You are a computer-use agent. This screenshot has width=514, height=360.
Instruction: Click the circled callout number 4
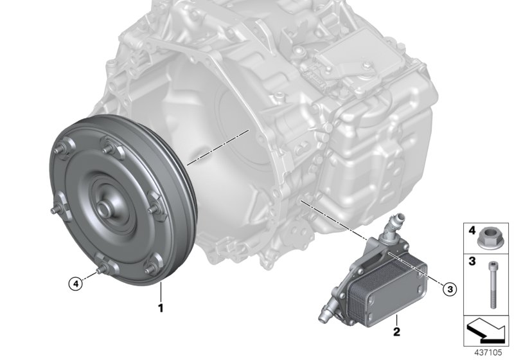point(75,281)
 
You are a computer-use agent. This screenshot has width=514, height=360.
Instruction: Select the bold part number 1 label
point(161,309)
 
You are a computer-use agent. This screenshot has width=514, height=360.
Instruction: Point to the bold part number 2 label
point(396,332)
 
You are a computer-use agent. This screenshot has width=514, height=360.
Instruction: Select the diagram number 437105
point(490,353)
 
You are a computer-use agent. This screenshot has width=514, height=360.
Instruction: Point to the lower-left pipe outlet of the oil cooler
point(323,315)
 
